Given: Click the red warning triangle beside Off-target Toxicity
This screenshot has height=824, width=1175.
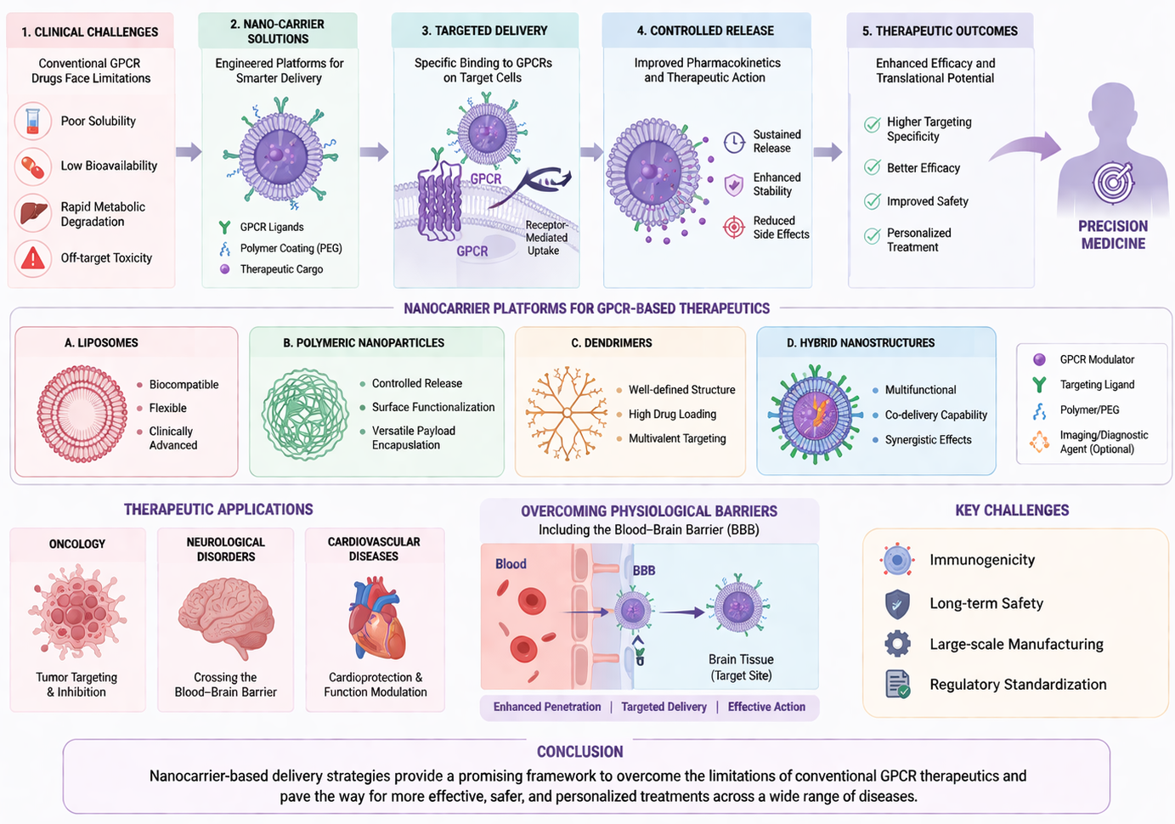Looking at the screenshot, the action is pos(32,258).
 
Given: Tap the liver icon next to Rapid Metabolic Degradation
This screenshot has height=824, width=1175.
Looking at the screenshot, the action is pos(33,213).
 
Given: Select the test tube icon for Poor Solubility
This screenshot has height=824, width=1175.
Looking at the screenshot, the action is pos(32,121).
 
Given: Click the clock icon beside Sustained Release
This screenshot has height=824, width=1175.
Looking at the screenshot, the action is pos(734,142).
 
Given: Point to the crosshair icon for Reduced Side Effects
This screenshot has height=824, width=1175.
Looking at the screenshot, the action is pos(734,227).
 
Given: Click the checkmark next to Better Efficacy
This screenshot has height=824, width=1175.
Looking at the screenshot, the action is pos(873,167).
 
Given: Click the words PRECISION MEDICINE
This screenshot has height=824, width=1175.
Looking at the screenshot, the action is pos(1113,234).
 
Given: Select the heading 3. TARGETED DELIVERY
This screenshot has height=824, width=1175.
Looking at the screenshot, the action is pos(484,31).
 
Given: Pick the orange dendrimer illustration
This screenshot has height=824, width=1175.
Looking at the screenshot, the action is pos(567,414).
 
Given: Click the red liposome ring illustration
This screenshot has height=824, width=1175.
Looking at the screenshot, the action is pos(82,414).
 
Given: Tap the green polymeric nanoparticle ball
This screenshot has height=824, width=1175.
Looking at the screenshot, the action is pos(305,414).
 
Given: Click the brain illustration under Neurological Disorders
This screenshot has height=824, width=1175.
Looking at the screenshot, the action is pos(226,617).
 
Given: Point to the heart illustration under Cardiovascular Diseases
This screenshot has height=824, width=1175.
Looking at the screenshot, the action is pos(376,618).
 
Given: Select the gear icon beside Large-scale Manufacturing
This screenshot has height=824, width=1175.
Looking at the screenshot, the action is pos(897,644).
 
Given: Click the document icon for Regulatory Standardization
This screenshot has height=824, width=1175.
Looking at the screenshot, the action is pos(897,684).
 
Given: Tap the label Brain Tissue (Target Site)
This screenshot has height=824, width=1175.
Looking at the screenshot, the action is pos(741,667).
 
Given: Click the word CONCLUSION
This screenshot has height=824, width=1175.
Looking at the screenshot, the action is pos(579,752).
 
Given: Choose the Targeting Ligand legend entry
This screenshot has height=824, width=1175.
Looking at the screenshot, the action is pos(1084,385).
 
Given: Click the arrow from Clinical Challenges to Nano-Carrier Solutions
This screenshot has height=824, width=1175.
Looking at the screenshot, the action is pos(189,152).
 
